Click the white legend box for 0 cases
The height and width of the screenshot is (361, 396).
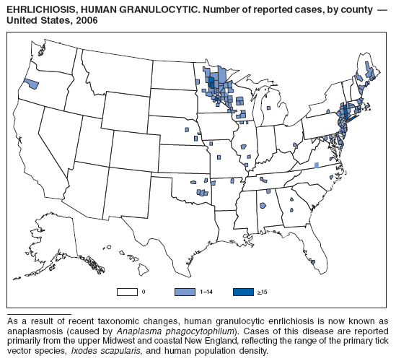click(128, 292)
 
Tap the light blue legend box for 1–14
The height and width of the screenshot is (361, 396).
click(185, 292)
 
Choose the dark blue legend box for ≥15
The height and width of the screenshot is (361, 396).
click(243, 292)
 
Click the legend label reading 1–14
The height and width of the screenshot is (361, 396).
click(205, 292)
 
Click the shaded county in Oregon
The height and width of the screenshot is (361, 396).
click(31, 83)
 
